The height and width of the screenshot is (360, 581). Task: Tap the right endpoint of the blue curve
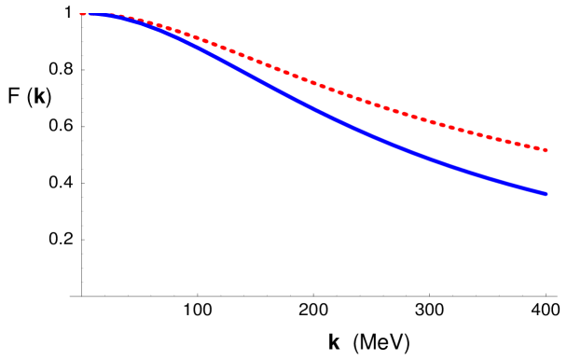[546, 194]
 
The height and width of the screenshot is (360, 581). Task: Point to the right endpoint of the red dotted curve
[546, 150]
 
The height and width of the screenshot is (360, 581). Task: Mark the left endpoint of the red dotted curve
[81, 14]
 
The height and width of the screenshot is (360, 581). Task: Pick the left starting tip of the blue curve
[81, 14]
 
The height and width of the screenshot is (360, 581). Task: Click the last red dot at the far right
[546, 150]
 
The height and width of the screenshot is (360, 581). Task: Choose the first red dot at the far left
[82, 14]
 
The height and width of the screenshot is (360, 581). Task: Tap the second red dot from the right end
[537, 148]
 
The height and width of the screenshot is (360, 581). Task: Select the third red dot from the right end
[529, 146]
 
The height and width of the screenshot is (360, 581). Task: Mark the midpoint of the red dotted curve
[313, 82]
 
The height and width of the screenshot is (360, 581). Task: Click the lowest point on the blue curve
[546, 194]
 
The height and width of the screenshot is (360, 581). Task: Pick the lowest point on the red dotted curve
[546, 150]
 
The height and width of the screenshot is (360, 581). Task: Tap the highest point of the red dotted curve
[93, 13]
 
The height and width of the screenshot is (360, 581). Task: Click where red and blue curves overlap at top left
[98, 14]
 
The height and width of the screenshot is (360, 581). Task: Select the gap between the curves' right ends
[546, 173]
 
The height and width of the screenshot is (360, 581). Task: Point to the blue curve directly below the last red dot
[546, 194]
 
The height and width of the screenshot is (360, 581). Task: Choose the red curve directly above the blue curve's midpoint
[313, 82]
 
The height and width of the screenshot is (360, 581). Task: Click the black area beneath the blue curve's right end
[546, 270]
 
